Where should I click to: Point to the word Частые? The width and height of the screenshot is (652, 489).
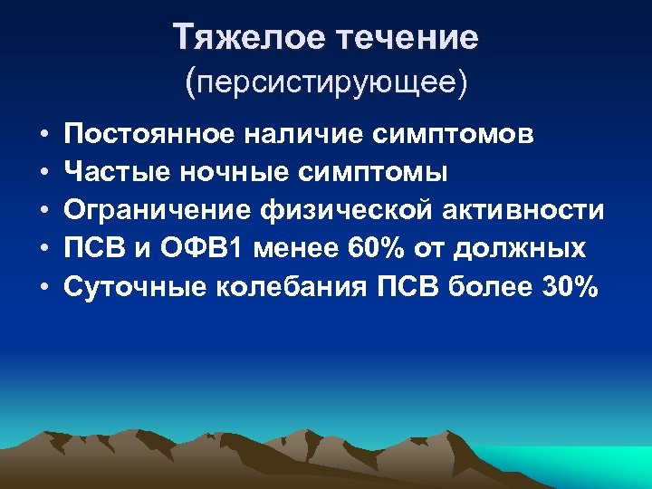[111, 172]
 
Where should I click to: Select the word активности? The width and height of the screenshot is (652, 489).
[524, 211]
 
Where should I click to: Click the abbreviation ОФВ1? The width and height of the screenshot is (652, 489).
[206, 249]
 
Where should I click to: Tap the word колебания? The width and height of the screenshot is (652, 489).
[293, 288]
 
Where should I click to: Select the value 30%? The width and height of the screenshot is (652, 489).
[570, 288]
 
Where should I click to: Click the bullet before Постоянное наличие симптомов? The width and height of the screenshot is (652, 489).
[43, 135]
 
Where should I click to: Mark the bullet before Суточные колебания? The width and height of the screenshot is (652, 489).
[43, 289]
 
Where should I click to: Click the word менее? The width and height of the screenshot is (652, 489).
[297, 249]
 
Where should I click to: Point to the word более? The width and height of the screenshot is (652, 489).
[491, 288]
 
